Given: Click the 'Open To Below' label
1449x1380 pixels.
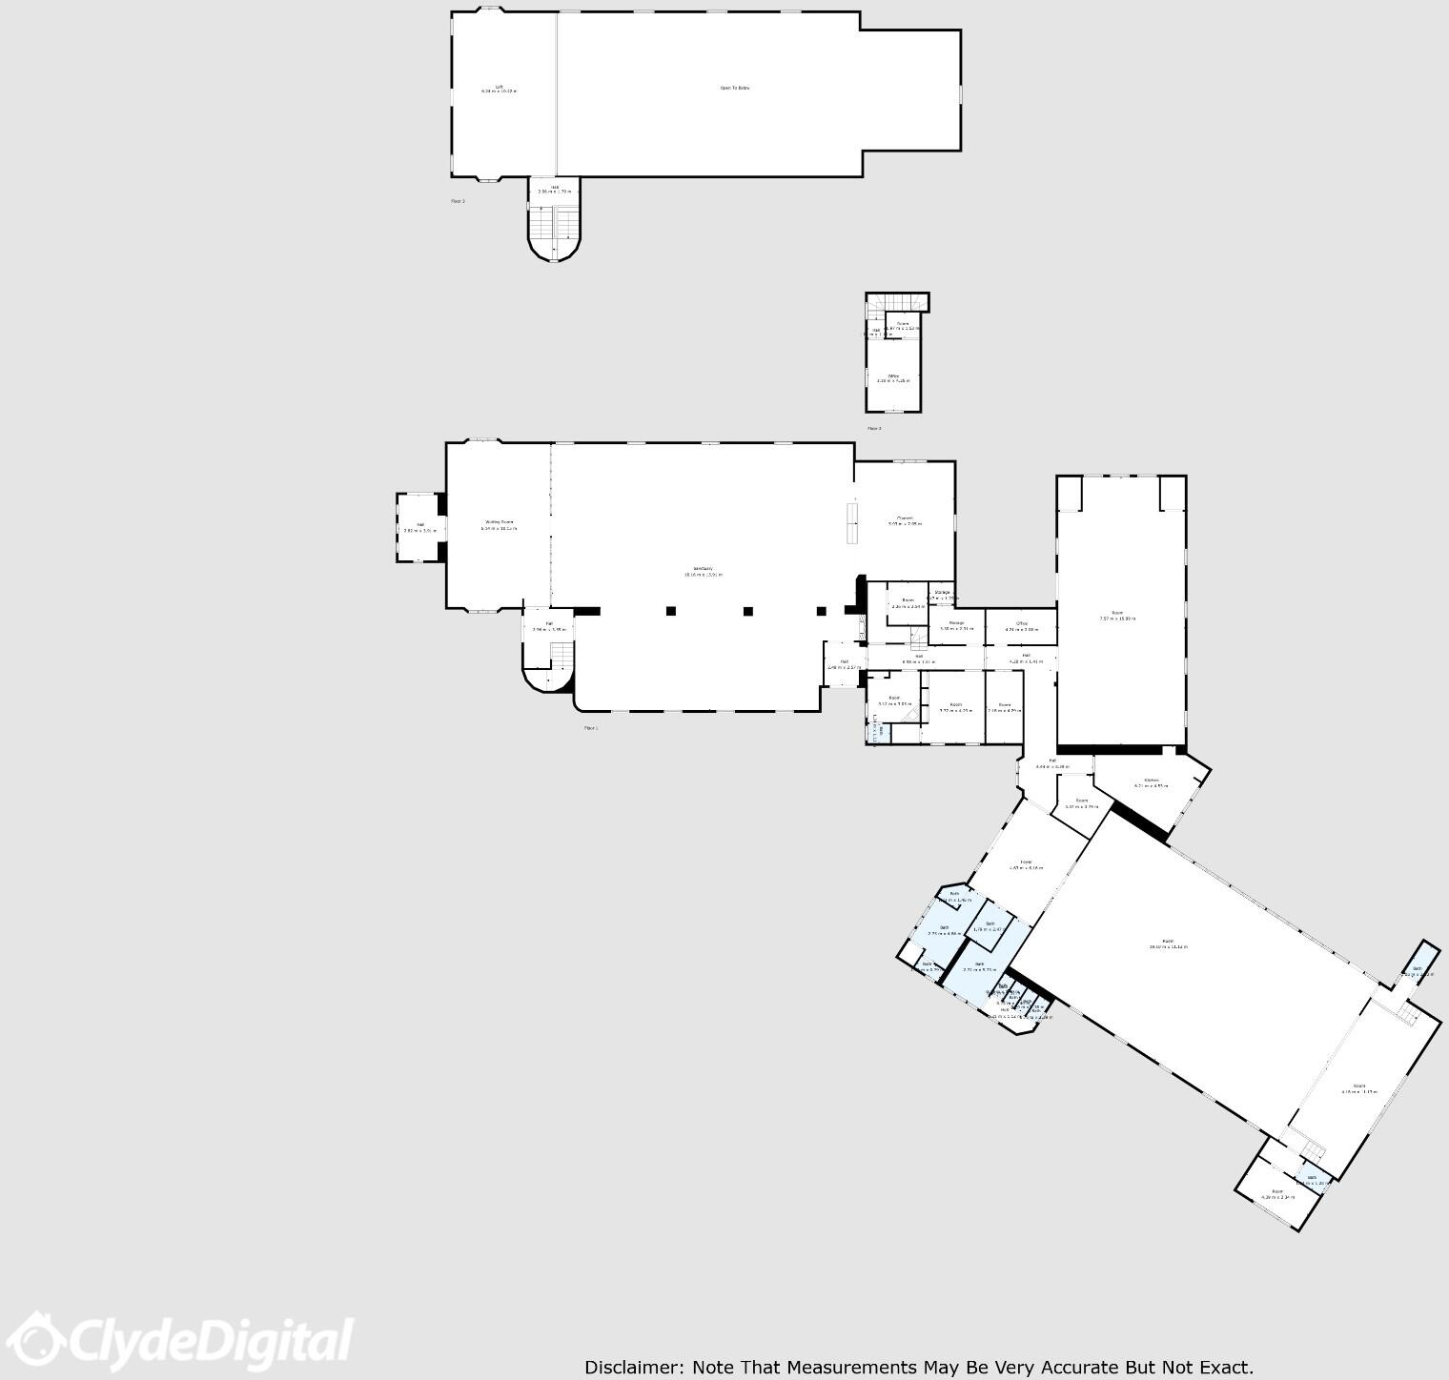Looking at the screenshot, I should pyautogui.click(x=734, y=88).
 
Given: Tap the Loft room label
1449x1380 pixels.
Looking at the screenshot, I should pyautogui.click(x=499, y=87).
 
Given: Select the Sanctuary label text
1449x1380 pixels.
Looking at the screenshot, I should pyautogui.click(x=703, y=568).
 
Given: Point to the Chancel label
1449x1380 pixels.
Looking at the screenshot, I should pyautogui.click(x=905, y=518).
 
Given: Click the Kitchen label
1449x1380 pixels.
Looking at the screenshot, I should pyautogui.click(x=1152, y=780).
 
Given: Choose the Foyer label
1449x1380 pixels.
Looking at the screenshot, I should pyautogui.click(x=1026, y=862).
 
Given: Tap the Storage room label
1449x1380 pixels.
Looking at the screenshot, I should pyautogui.click(x=942, y=593).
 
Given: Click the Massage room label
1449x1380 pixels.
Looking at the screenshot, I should pyautogui.click(x=956, y=623).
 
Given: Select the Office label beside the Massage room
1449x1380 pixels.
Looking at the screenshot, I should pyautogui.click(x=1021, y=623).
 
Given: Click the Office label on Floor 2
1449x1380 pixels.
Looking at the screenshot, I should pyautogui.click(x=893, y=376).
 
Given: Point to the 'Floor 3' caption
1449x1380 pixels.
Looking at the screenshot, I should pyautogui.click(x=458, y=201).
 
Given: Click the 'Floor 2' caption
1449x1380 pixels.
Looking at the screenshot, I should pyautogui.click(x=874, y=429).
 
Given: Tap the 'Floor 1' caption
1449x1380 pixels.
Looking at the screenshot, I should pyautogui.click(x=591, y=728).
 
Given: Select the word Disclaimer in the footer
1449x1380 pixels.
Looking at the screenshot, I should pyautogui.click(x=633, y=1368).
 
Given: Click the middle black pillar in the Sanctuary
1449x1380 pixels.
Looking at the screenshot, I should pyautogui.click(x=748, y=611).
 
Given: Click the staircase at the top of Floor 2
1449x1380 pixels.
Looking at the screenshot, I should pyautogui.click(x=897, y=302).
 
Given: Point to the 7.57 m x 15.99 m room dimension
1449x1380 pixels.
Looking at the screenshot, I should pyautogui.click(x=1117, y=619).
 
